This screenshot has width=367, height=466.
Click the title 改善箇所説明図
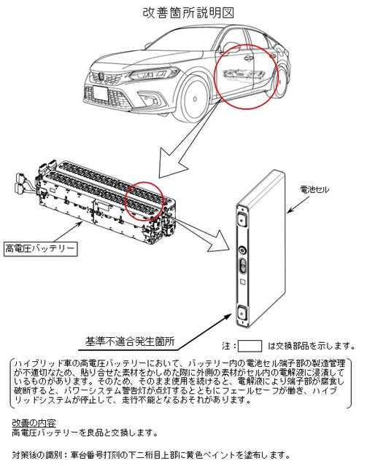[188, 12]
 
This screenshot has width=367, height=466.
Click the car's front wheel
[194, 99]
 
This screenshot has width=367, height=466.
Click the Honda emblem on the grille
[101, 76]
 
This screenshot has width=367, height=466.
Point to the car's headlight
[152, 73]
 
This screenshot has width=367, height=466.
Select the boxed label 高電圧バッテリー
[41, 249]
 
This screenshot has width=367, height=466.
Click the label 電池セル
[314, 189]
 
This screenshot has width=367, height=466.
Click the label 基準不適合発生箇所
[130, 341]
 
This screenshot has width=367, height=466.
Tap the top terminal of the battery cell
[242, 220]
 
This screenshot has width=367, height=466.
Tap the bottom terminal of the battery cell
[242, 312]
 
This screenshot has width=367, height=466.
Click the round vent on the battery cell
[242, 250]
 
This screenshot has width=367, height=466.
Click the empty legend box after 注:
[250, 347]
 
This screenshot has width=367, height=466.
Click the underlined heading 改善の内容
[34, 422]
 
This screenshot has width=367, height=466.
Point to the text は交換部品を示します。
[312, 346]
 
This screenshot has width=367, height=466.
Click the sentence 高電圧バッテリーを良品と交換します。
[85, 433]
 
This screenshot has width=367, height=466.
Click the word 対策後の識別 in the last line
[37, 455]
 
